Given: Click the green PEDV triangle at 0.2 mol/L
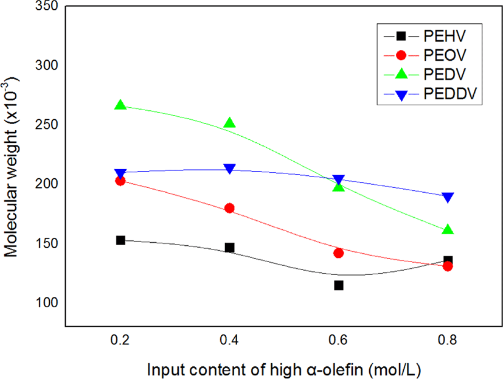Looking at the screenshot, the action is [x=120, y=105].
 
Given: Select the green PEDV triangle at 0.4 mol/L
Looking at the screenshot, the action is [x=229, y=122].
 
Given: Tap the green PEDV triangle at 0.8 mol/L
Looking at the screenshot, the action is [x=448, y=229].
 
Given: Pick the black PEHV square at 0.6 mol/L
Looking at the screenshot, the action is [x=338, y=285].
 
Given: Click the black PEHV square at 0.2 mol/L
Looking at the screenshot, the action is [x=120, y=240].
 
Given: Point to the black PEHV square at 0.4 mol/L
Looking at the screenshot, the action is [x=229, y=248].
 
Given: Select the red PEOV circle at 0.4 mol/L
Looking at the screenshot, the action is [x=229, y=208].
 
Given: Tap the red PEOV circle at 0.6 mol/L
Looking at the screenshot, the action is [x=338, y=253].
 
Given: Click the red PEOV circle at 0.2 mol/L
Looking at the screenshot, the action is [x=120, y=181].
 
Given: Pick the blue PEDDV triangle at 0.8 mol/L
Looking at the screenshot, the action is [x=448, y=197].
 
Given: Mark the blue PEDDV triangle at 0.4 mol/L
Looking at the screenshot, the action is [x=229, y=169].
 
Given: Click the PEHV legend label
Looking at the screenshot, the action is [x=445, y=36].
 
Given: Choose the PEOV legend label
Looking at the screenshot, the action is [x=445, y=55].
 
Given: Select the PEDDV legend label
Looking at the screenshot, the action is [x=451, y=94].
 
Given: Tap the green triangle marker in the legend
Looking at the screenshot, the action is [x=401, y=74].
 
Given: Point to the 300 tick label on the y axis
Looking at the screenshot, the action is [x=47, y=65].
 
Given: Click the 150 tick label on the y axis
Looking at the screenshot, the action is [x=47, y=243].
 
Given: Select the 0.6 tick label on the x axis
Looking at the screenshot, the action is [x=338, y=339].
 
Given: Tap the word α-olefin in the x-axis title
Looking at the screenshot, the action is [x=334, y=370].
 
